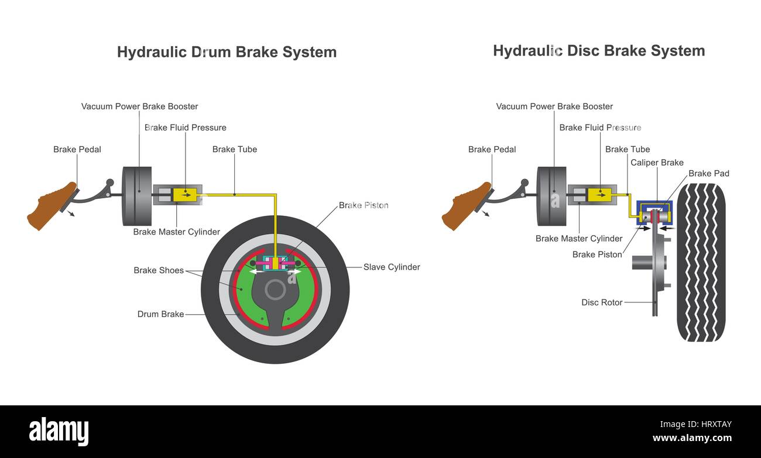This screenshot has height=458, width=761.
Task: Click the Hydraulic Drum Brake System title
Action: pos(227,52)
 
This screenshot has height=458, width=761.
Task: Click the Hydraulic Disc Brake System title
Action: pos(598,51)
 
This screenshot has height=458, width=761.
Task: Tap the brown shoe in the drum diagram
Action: pos(51,206)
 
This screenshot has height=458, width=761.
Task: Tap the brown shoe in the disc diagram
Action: pos(466,206)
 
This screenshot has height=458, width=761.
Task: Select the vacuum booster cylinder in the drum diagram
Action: pos(136,196)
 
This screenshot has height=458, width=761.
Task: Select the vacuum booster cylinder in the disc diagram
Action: pos(551,196)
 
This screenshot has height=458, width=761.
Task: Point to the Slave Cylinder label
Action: pos(392,267)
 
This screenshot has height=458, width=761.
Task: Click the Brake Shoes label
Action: pos(158,270)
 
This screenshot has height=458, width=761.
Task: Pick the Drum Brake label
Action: pos(160,314)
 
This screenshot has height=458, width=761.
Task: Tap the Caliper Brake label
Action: pos(657,163)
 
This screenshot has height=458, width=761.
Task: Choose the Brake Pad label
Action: pos(708,174)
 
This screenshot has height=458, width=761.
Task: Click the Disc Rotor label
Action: pos(602,302)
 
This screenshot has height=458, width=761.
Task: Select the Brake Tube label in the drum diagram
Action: pos(234,149)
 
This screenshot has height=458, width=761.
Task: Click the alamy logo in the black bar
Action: pos(59,432)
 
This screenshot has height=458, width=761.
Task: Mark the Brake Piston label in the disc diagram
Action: pos(597,254)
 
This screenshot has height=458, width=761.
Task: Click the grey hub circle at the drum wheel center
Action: pos(275,290)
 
